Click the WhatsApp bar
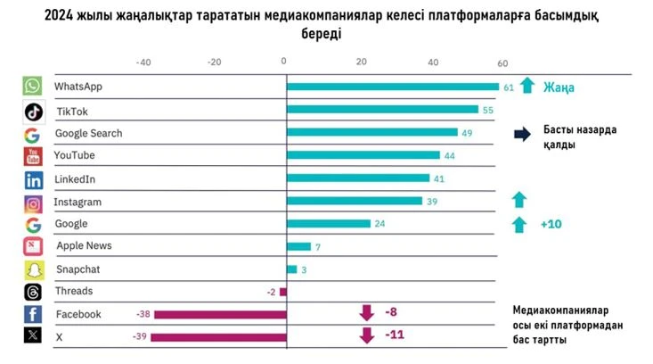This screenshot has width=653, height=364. (392, 87)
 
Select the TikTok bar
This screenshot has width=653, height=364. (382, 110)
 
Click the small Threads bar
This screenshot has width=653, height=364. (283, 292)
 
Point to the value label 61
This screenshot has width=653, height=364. (509, 87)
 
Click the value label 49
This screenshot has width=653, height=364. (467, 133)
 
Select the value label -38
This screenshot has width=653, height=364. (143, 314)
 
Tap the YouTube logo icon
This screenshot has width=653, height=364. (33, 157)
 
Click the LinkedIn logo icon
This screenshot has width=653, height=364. (33, 179)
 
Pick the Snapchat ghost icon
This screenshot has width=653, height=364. (33, 269)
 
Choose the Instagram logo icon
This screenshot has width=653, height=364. (33, 203)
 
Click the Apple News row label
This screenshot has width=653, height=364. (84, 245)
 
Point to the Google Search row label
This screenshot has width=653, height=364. (88, 133)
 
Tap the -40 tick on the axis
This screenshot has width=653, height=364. (143, 62)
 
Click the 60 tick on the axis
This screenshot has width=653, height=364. (502, 62)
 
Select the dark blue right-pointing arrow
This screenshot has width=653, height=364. (522, 135)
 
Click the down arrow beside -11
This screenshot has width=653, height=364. (365, 335)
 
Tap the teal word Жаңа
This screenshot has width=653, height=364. (559, 87)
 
